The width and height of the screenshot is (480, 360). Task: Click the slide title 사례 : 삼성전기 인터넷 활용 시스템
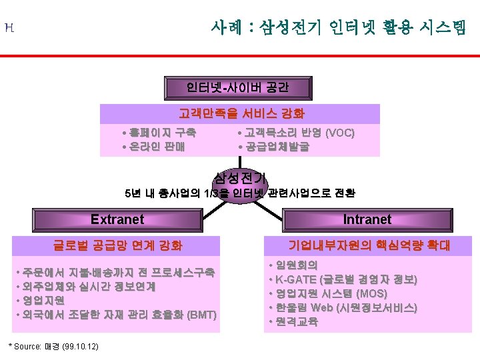[339, 27]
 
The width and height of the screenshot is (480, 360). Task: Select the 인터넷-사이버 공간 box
[238, 87]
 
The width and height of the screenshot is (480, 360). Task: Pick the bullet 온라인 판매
[157, 147]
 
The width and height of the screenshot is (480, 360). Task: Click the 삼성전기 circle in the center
[240, 178]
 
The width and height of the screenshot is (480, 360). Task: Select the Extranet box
[117, 219]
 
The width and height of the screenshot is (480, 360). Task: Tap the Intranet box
[367, 219]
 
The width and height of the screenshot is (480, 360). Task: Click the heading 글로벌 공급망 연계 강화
[117, 245]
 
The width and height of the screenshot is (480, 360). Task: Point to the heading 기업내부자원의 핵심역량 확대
[369, 245]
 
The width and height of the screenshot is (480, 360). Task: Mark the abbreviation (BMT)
[202, 315]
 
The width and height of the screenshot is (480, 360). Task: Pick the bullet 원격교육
[297, 322]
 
